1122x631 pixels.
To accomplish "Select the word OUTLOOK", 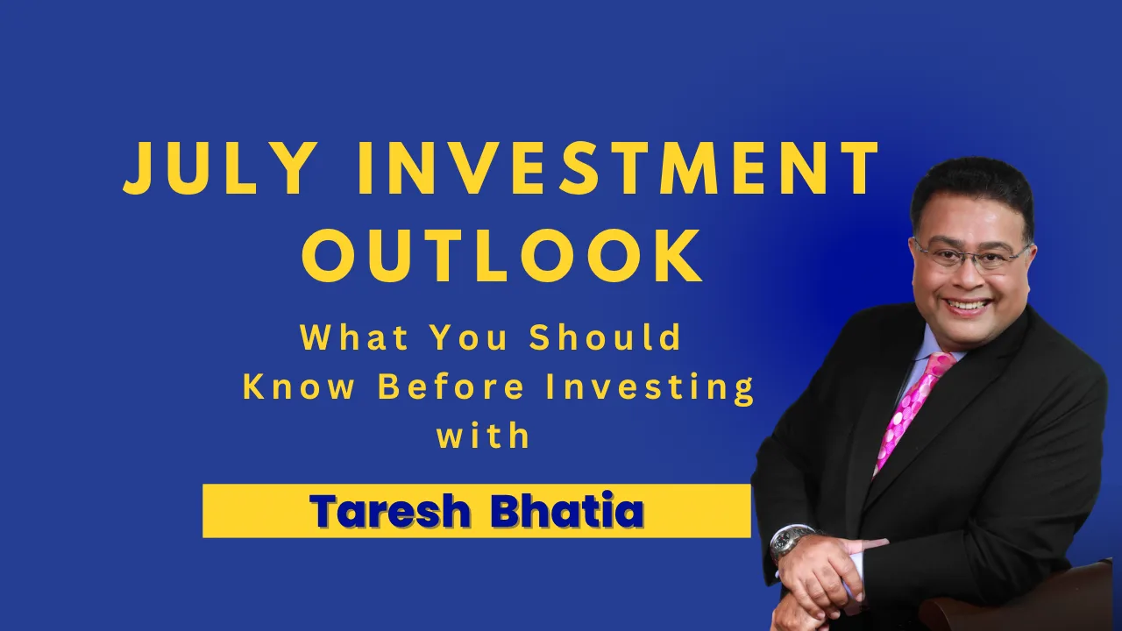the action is (x=501, y=257).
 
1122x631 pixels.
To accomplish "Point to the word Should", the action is (x=605, y=337).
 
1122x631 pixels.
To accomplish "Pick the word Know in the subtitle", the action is (x=299, y=386).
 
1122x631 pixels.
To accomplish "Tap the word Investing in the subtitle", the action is (x=650, y=388).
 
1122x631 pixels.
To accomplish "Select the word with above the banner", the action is (x=483, y=436).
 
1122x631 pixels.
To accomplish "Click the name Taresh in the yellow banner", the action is (x=390, y=511).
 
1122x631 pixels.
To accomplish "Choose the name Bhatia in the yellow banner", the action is (x=567, y=511).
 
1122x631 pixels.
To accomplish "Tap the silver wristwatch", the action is (x=791, y=544).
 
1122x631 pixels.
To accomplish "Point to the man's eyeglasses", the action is (x=972, y=255).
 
